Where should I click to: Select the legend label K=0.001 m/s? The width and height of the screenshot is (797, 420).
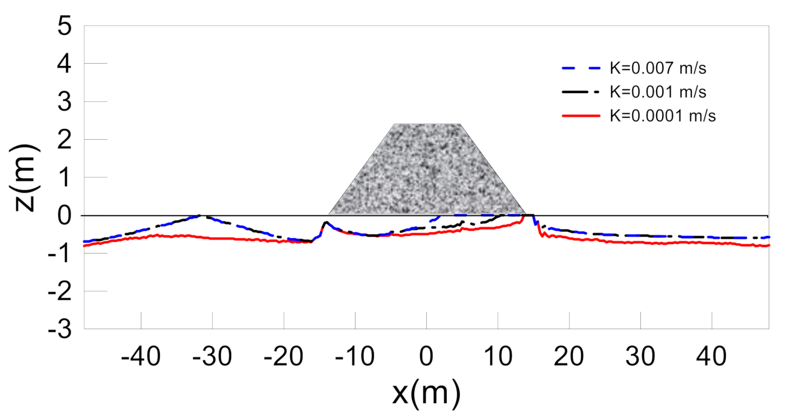click(x=658, y=92)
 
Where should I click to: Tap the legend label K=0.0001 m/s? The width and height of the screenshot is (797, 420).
click(x=662, y=116)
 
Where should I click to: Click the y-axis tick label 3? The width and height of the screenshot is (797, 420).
click(x=65, y=102)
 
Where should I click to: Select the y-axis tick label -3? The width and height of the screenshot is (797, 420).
click(x=59, y=330)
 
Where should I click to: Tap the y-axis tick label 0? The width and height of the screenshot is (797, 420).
click(x=65, y=216)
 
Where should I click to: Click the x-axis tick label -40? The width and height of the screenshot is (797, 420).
click(x=141, y=358)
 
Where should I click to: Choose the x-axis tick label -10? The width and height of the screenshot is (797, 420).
click(x=354, y=358)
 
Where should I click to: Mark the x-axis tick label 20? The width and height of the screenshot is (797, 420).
click(x=569, y=358)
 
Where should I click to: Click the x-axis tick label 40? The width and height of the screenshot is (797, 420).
click(x=712, y=358)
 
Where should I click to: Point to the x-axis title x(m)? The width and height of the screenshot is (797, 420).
click(x=426, y=393)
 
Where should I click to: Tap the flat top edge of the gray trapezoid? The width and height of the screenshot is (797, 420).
click(x=427, y=125)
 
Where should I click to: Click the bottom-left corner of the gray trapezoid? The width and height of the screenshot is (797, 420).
click(x=329, y=214)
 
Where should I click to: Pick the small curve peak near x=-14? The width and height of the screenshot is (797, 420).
click(x=325, y=223)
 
